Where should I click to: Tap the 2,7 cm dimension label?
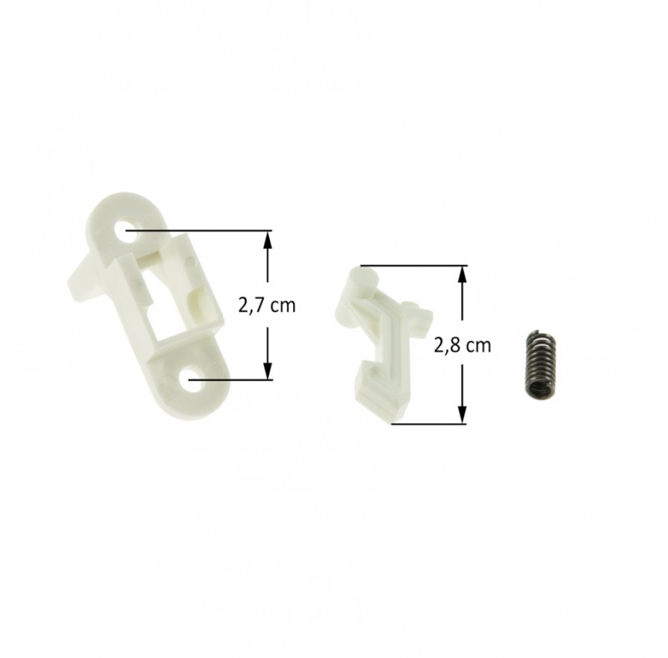pyautogui.click(x=266, y=306)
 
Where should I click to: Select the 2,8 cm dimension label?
pyautogui.click(x=463, y=346)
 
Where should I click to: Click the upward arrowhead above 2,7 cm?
pyautogui.click(x=267, y=240)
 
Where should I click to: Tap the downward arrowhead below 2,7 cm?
pyautogui.click(x=267, y=369)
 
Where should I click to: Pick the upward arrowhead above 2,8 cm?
pyautogui.click(x=463, y=276)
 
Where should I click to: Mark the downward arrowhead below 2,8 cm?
pyautogui.click(x=463, y=414)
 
